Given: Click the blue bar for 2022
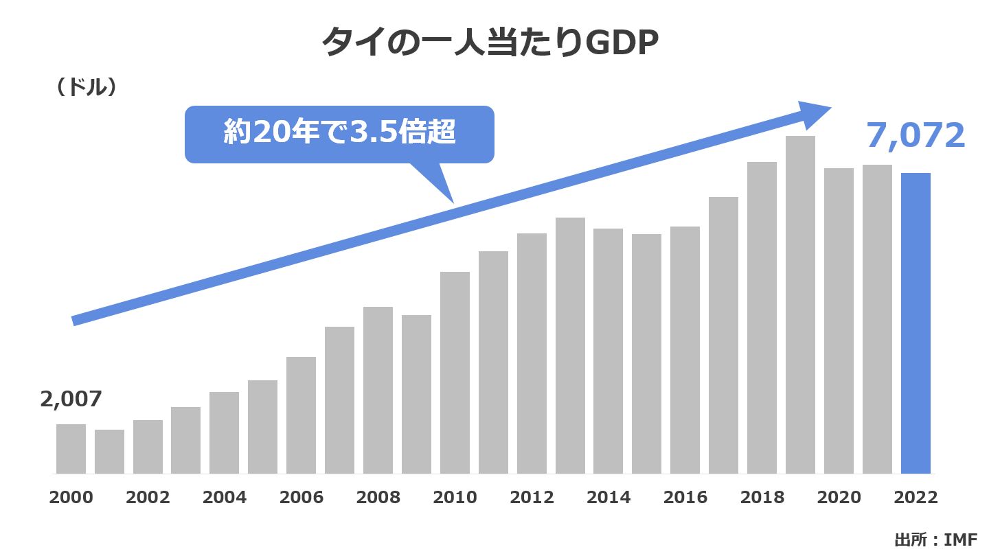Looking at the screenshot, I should (916, 323).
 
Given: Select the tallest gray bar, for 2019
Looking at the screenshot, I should (800, 305).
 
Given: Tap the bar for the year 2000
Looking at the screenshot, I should (71, 449).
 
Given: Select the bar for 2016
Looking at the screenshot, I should (685, 350).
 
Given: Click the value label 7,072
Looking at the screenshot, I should (916, 136).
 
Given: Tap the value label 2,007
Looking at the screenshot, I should (71, 399).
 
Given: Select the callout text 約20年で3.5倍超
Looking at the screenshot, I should (339, 133).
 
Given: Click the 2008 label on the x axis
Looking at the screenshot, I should (378, 498).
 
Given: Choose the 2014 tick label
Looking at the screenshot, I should (609, 498).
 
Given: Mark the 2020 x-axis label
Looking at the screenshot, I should (839, 498).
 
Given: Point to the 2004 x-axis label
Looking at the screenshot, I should (225, 498).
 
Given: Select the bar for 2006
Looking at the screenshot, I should (301, 415).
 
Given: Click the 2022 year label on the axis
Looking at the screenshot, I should (916, 498).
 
